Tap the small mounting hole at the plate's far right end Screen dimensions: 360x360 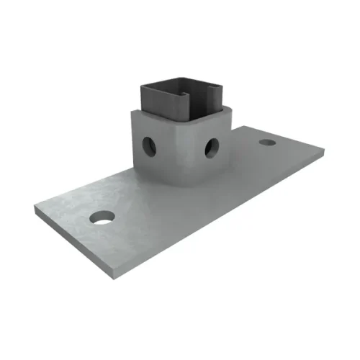267,143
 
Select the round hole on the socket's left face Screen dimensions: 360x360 148,144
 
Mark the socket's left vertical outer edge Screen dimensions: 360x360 132,137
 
